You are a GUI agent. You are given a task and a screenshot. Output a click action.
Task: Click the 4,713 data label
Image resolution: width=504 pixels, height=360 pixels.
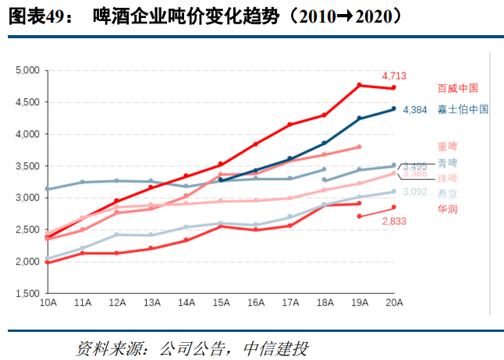click(x=394, y=77)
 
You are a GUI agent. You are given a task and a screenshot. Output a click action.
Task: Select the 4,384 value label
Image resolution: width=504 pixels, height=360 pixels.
click(x=414, y=111)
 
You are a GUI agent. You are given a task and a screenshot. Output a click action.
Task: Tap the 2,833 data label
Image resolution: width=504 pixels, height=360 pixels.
click(x=394, y=222)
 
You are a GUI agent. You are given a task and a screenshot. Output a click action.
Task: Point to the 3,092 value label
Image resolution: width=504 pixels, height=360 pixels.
click(x=415, y=191)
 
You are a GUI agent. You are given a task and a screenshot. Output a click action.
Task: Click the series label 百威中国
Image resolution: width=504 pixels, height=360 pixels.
click(x=457, y=88)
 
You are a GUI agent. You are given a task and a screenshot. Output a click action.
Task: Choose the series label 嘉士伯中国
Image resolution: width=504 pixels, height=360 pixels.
click(x=463, y=110)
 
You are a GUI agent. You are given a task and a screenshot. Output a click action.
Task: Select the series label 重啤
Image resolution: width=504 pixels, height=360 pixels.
click(x=447, y=147)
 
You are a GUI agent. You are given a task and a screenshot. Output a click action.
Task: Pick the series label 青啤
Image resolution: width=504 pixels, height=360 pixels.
click(x=447, y=163)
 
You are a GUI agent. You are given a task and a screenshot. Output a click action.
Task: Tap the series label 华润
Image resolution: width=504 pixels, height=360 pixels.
click(x=447, y=209)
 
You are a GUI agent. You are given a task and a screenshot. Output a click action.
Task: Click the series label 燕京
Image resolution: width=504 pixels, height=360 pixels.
click(x=447, y=193)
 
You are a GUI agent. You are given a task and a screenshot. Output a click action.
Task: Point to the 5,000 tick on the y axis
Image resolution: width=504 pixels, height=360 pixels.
click(x=27, y=70)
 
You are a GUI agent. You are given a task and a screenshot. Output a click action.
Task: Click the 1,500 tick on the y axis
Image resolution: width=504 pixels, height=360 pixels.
click(x=27, y=294)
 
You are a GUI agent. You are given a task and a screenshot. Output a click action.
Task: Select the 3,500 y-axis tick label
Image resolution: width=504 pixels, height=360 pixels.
click(x=27, y=166)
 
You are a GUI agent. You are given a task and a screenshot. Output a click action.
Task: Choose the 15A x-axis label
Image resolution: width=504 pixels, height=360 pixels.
click(x=220, y=302)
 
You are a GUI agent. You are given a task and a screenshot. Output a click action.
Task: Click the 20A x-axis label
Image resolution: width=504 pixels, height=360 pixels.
click(x=393, y=302)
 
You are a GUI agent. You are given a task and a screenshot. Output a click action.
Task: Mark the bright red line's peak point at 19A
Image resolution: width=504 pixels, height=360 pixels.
click(x=359, y=85)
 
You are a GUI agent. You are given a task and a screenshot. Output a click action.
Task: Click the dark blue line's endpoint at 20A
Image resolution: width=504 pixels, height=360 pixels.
click(x=393, y=109)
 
